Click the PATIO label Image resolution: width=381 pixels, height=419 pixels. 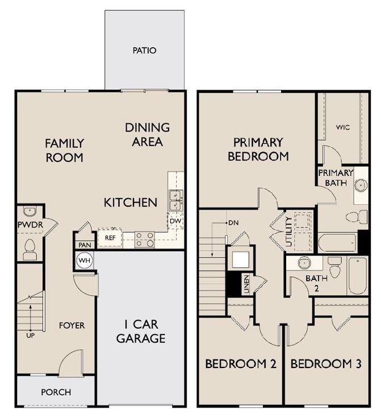coord(144,51)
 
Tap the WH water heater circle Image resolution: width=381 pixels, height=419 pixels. coord(84,261)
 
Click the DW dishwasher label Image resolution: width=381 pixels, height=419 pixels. coord(175,221)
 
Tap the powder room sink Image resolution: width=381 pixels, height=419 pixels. coord(30,212)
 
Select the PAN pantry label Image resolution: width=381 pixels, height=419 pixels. coord(84,245)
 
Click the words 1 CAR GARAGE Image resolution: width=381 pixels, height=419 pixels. coord(141,332)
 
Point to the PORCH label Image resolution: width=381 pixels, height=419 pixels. coord(56,392)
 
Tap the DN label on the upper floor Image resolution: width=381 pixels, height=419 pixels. coord(233,223)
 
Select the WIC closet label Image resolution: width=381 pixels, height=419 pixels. coord(342,127)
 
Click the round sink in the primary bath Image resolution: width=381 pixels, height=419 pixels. coord(360,186)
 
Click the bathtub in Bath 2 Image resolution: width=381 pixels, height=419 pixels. coord(358,275)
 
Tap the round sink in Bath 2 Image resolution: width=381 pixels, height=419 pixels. coord(305,263)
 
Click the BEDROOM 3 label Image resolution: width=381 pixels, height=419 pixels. coord(325,364)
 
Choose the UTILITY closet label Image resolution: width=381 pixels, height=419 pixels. coord(289,231)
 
